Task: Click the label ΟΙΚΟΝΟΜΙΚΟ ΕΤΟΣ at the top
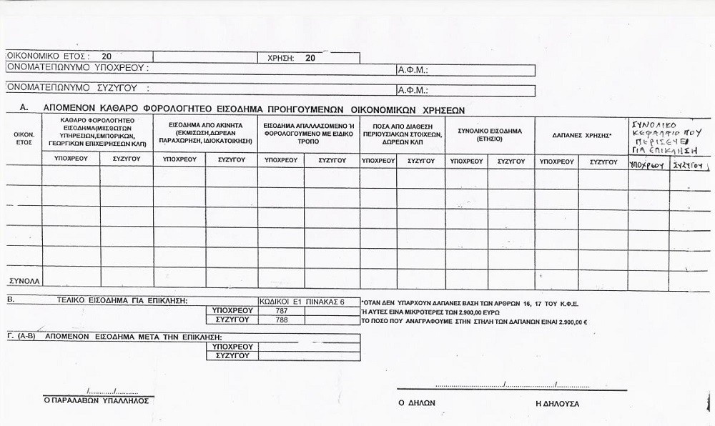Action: pyautogui.click(x=47, y=56)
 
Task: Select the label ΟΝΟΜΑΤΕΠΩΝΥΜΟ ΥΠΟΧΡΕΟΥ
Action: pyautogui.click(x=77, y=68)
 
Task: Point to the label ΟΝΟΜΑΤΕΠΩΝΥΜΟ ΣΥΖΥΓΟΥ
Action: pyautogui.click(x=77, y=89)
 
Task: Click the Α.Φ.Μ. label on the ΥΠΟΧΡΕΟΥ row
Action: pyautogui.click(x=412, y=70)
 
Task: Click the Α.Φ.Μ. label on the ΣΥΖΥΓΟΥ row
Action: pyautogui.click(x=412, y=91)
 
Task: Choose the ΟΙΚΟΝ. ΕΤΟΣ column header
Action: pyautogui.click(x=24, y=138)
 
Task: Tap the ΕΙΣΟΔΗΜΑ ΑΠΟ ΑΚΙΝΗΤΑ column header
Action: pyautogui.click(x=205, y=133)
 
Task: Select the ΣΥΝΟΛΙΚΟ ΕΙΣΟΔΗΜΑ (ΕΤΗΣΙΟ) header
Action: pyautogui.click(x=490, y=134)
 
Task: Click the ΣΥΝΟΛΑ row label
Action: pyautogui.click(x=24, y=279)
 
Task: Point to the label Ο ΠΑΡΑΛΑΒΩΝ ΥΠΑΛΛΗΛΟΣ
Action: pyautogui.click(x=97, y=400)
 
